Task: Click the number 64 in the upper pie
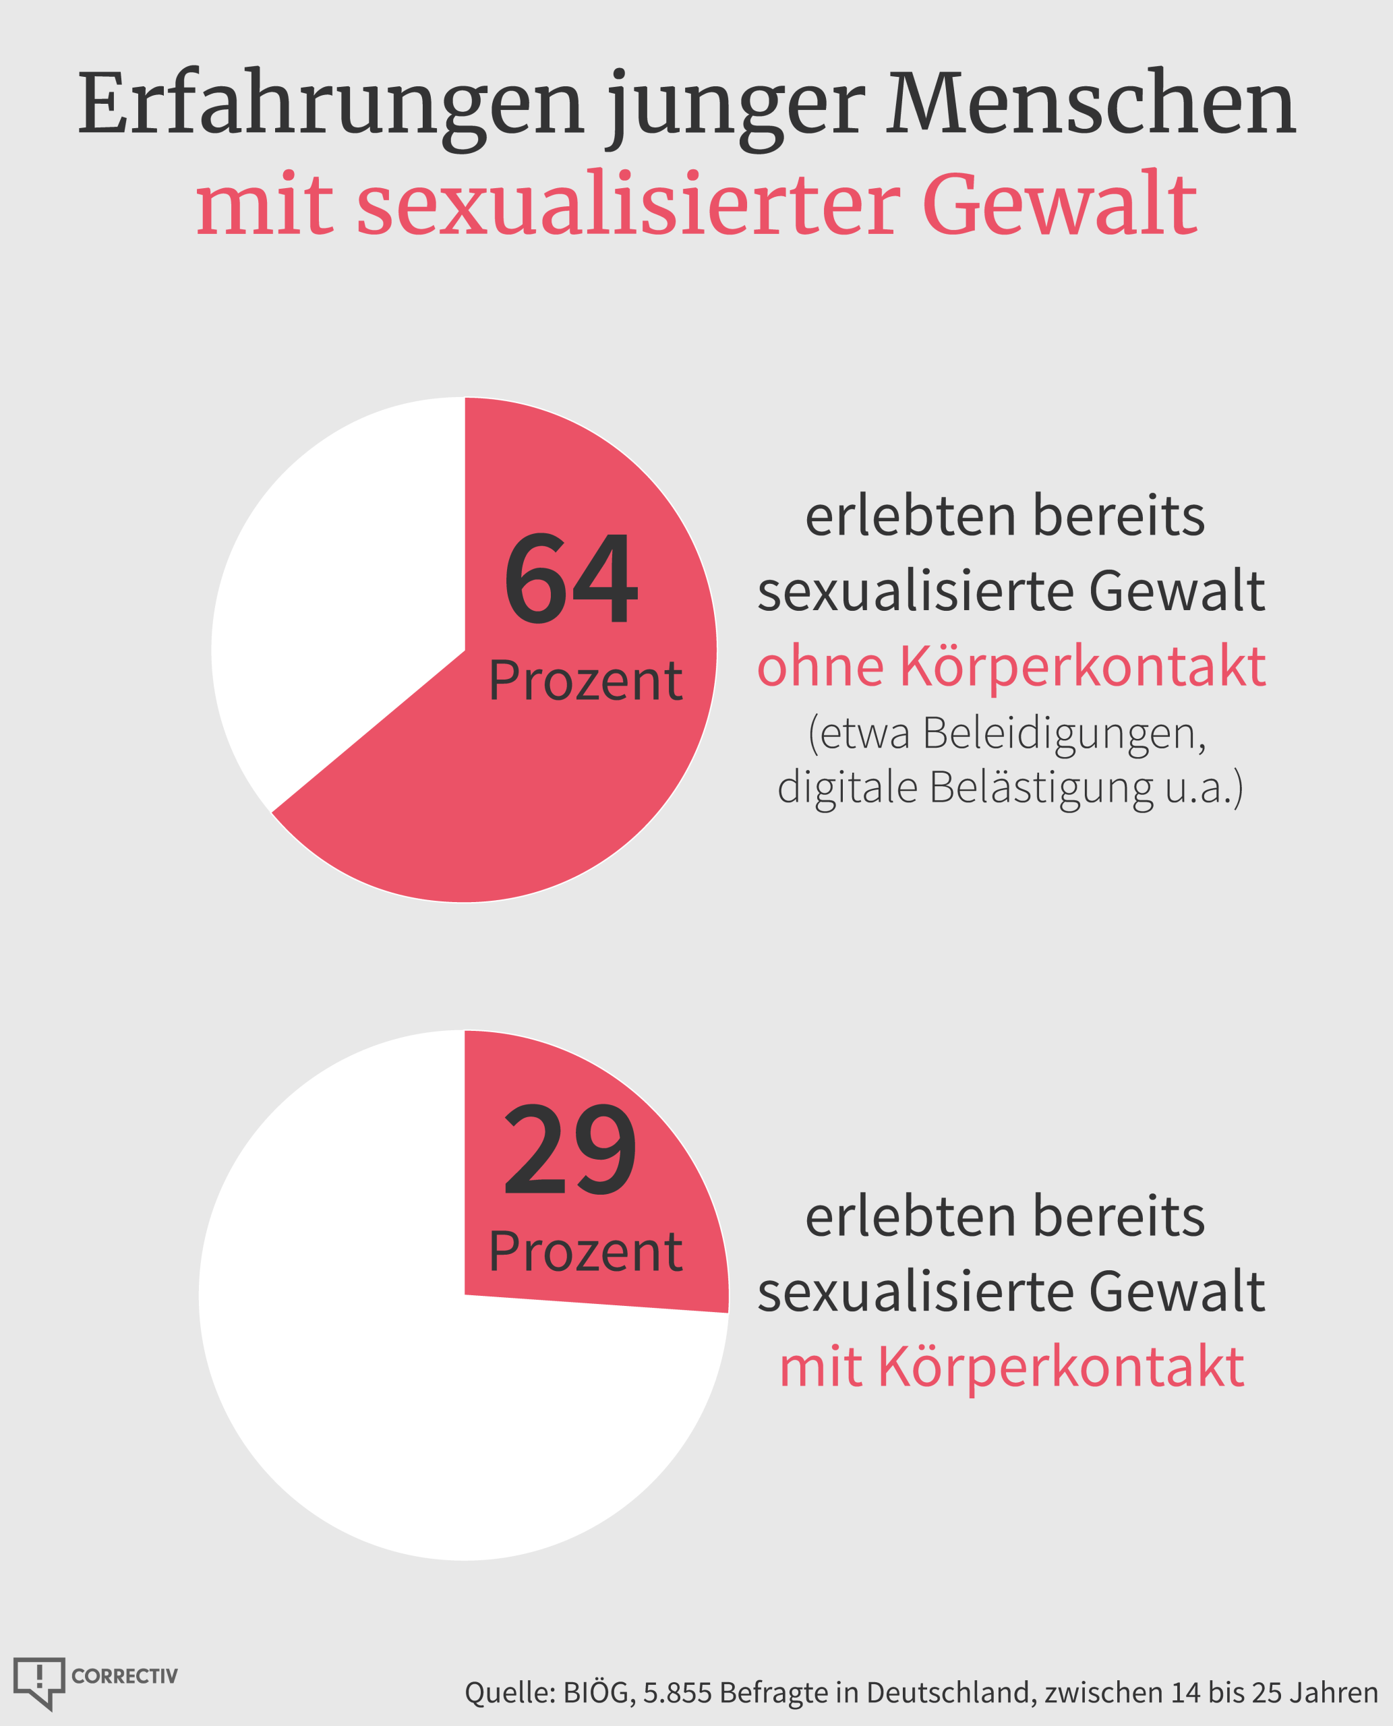pos(570,578)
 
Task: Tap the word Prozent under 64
pos(585,681)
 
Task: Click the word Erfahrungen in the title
pos(330,105)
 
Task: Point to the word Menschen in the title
pos(1092,105)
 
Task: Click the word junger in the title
pos(736,109)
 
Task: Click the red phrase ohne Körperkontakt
pos(1011,665)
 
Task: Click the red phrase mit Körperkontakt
pos(1011,1367)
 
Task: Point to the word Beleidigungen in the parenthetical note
pos(1063,734)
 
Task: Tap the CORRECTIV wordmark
pos(124,1676)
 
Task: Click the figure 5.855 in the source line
pos(677,1692)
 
